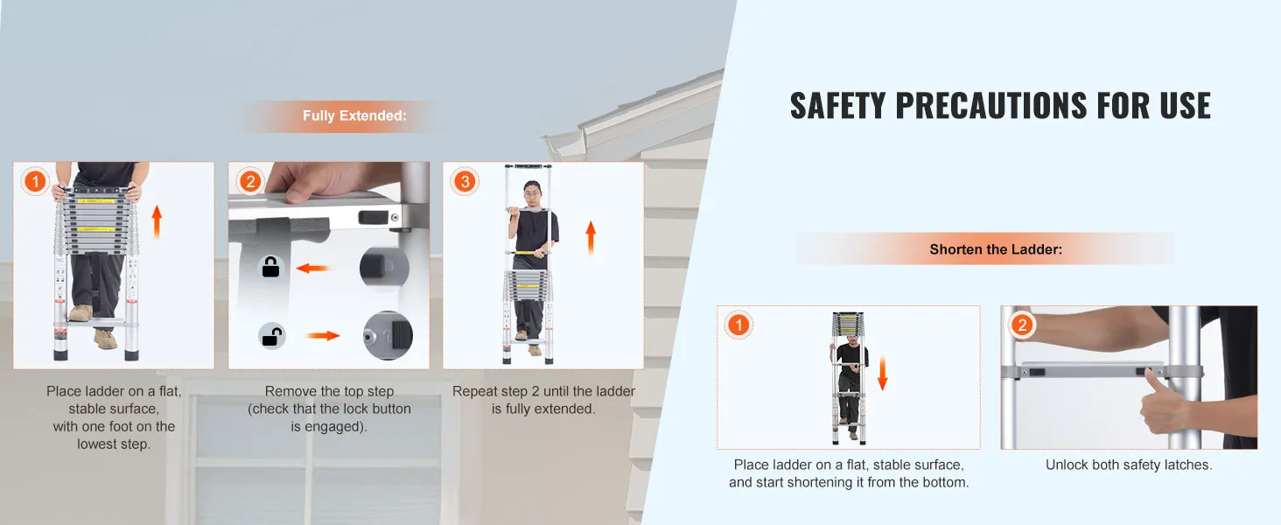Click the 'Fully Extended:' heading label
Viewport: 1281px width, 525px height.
pos(354,115)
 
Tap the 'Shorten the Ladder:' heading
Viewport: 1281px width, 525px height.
pos(996,249)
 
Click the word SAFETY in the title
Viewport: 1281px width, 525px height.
pos(837,106)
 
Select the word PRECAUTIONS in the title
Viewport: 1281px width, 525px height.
pos(991,106)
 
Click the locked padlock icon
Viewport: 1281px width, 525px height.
pos(270,267)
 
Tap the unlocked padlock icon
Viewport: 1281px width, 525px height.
pos(271,336)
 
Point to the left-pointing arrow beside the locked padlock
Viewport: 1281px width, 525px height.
pos(313,268)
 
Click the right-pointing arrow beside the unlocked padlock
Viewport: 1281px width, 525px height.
pos(323,336)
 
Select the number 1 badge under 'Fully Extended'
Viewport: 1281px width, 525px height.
pos(35,182)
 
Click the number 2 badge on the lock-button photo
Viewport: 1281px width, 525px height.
pos(250,182)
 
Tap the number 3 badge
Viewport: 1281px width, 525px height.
pos(465,182)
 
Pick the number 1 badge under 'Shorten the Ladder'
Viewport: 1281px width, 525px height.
pos(738,325)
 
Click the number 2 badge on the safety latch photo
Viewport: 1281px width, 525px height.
pos(1022,325)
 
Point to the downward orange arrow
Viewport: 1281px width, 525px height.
pos(882,374)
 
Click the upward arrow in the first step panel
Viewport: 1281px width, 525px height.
pos(157,222)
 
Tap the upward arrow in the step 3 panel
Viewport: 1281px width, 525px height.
pos(591,238)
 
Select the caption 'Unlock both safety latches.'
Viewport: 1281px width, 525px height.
pos(1129,465)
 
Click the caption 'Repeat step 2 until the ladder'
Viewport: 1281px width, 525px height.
pos(543,392)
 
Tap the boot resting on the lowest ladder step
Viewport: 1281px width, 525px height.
pos(80,312)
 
